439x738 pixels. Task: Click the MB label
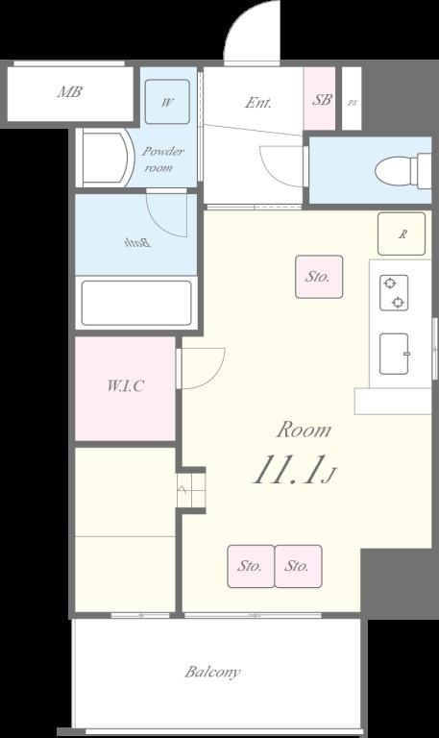tap(69, 91)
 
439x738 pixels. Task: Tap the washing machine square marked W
tap(167, 102)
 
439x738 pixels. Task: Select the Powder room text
tap(162, 160)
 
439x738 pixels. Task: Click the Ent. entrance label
tap(258, 103)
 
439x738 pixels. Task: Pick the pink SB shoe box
tap(320, 98)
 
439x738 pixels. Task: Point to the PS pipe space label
tap(352, 103)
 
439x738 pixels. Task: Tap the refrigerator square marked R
tap(402, 234)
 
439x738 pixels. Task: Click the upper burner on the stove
tap(390, 283)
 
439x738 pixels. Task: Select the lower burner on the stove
tap(399, 302)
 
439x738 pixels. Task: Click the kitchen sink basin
tap(394, 354)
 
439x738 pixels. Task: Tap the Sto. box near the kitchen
tap(319, 277)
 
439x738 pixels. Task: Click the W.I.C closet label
tap(125, 386)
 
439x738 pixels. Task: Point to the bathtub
tap(136, 303)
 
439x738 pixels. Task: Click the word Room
tap(304, 430)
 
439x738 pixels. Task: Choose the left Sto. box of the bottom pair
tap(251, 566)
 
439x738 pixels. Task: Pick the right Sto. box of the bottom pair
tap(299, 566)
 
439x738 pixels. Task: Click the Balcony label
tap(212, 672)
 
